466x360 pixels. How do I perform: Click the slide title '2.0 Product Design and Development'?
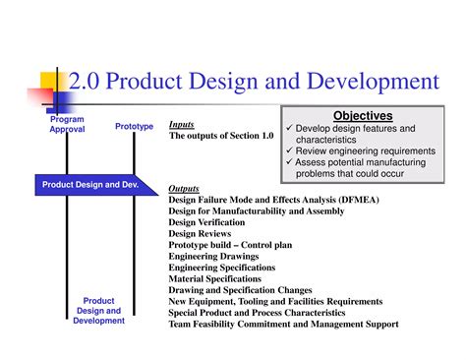pyautogui.click(x=254, y=82)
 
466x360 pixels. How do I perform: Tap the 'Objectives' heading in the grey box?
pyautogui.click(x=363, y=115)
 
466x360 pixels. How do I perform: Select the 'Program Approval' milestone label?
pyautogui.click(x=68, y=124)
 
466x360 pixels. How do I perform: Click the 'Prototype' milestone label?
pyautogui.click(x=134, y=126)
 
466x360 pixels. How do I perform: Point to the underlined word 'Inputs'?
pyautogui.click(x=181, y=125)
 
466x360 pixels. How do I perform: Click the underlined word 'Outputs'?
pyautogui.click(x=184, y=188)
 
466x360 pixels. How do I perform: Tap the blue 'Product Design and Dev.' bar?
pyautogui.click(x=89, y=184)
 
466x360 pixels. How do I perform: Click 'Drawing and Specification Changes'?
pyautogui.click(x=240, y=290)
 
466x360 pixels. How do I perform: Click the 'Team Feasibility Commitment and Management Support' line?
pyautogui.click(x=283, y=324)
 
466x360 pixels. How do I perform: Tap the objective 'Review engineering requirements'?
pyautogui.click(x=356, y=150)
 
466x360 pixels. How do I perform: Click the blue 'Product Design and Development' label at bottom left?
pyautogui.click(x=98, y=311)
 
